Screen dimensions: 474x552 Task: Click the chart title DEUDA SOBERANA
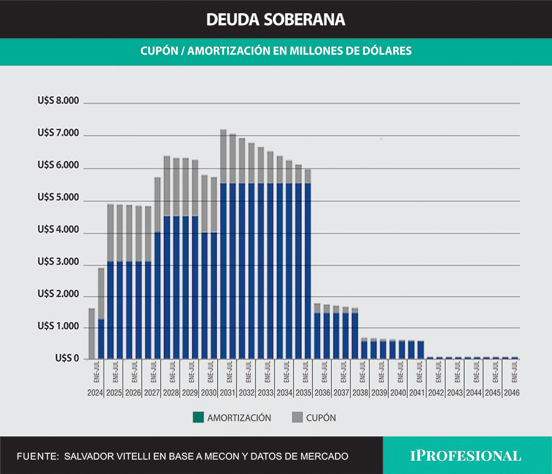(x=275, y=19)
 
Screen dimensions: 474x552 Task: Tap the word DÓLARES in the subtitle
(x=387, y=51)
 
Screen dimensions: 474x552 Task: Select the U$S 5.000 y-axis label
(x=58, y=198)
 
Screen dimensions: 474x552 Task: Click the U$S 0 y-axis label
(x=67, y=359)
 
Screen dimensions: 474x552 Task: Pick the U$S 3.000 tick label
(x=58, y=263)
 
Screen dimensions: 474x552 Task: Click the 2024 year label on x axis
(x=95, y=393)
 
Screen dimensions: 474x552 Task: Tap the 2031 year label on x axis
(x=228, y=393)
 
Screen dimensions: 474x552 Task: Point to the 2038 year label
(x=359, y=393)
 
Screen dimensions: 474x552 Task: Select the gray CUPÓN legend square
(x=297, y=418)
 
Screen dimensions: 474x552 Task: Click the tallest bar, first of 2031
(x=223, y=245)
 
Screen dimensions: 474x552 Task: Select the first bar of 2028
(x=167, y=257)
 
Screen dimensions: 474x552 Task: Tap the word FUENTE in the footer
(x=36, y=456)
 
